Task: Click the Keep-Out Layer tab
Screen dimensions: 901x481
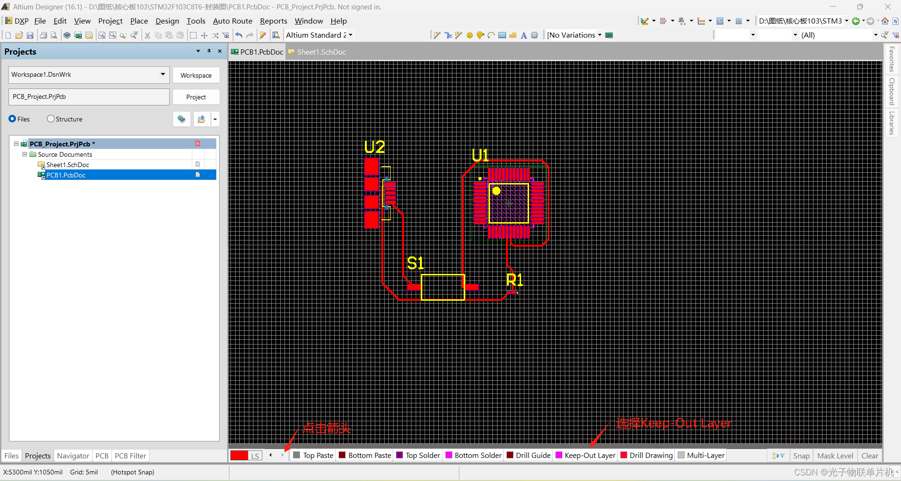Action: click(585, 455)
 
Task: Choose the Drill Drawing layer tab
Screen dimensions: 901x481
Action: click(647, 455)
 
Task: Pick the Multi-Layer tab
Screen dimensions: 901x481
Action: click(701, 455)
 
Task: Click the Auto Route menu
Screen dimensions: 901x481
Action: click(232, 21)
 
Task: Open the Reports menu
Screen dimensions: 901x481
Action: click(273, 21)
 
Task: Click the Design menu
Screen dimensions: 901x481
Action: click(167, 21)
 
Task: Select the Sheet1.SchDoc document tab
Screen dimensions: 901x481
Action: click(317, 52)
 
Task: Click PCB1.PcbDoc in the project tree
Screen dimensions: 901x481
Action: click(66, 175)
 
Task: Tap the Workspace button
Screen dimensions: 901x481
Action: click(196, 75)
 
